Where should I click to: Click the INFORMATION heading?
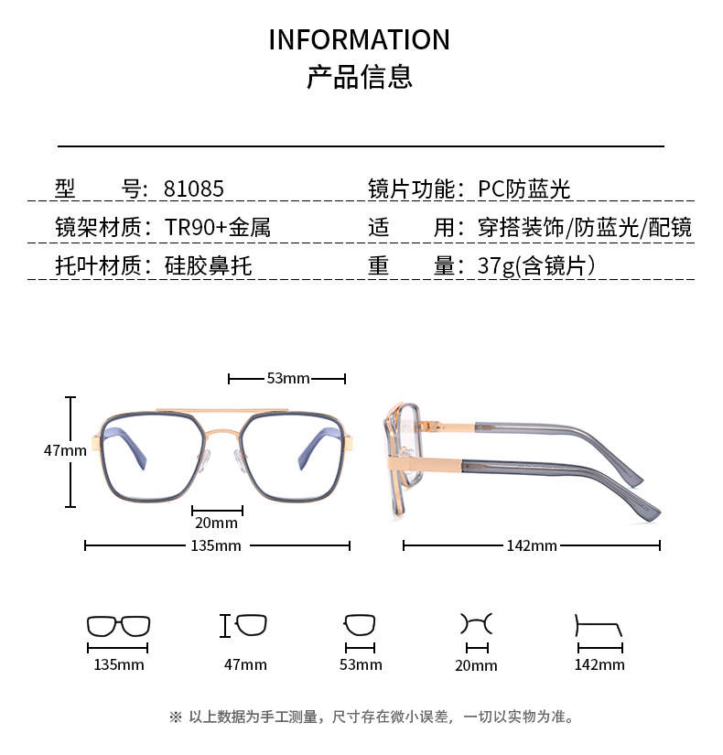(x=359, y=40)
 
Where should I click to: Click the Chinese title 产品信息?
(x=359, y=77)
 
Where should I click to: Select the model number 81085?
(x=193, y=189)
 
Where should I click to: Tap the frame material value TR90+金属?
(x=218, y=227)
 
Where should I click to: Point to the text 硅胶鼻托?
(x=208, y=265)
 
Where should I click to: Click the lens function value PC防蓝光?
(x=524, y=189)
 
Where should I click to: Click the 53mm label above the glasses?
(x=288, y=378)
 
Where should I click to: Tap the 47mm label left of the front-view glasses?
(x=65, y=450)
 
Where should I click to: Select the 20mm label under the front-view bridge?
(x=217, y=523)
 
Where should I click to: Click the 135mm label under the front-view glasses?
(x=217, y=545)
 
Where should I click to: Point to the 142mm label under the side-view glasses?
(x=532, y=545)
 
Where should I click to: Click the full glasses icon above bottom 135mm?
(x=119, y=627)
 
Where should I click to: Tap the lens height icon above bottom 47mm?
(x=244, y=626)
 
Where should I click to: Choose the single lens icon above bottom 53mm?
(x=360, y=626)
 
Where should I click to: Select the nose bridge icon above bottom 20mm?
(x=476, y=625)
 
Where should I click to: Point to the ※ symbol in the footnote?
(x=176, y=717)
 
